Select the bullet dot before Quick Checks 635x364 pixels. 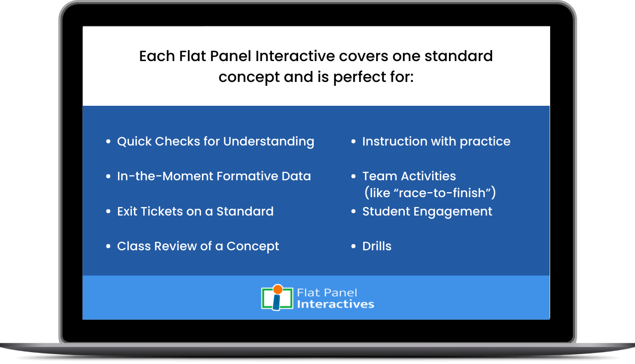click(x=108, y=142)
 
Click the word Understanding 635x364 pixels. click(x=268, y=142)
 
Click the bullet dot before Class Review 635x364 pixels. click(x=108, y=246)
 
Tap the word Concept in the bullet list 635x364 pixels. click(x=253, y=246)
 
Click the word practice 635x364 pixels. click(x=485, y=142)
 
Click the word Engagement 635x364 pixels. click(x=453, y=212)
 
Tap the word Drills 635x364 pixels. click(x=377, y=246)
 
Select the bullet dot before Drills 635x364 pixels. click(x=353, y=246)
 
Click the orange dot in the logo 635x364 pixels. click(x=278, y=290)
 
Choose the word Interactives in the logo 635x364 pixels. click(x=336, y=304)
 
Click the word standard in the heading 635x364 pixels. click(x=459, y=56)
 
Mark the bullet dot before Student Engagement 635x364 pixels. click(x=353, y=212)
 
